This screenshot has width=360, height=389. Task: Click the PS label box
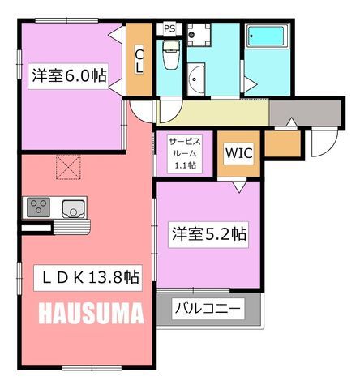[169, 28]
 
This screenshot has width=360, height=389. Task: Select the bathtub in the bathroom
[266, 36]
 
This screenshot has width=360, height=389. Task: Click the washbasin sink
[195, 79]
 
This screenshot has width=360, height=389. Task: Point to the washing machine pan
[199, 35]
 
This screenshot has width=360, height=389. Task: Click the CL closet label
[139, 62]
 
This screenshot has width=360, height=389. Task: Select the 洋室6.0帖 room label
[69, 76]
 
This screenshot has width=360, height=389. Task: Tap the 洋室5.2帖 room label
[208, 234]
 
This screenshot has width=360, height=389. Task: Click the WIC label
[239, 153]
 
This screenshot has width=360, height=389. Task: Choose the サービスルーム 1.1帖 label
[185, 153]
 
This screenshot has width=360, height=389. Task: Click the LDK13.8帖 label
[88, 278]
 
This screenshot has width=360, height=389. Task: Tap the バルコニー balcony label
[208, 308]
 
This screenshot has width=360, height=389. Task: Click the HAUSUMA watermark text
[91, 314]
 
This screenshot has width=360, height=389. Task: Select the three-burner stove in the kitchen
[39, 207]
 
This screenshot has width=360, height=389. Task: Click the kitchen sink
[73, 209]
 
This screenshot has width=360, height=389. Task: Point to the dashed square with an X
[68, 167]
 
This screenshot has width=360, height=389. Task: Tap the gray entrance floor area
[306, 113]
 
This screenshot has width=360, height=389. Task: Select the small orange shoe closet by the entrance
[283, 143]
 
